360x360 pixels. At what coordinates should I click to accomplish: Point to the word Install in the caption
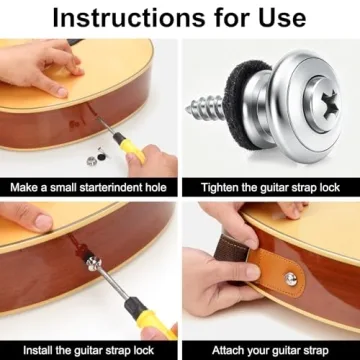(x=29, y=350)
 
